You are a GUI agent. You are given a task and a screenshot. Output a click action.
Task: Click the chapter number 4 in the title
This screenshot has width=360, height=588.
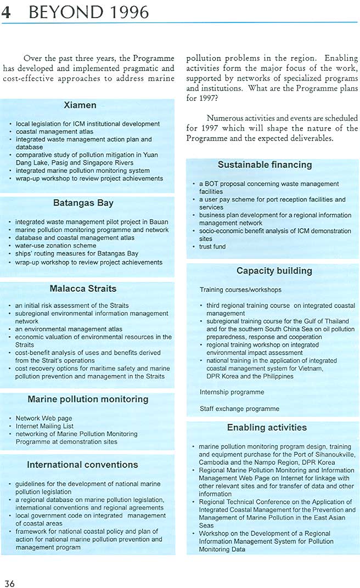tap(7, 13)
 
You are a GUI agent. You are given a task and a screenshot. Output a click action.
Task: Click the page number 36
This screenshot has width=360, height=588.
tap(9, 583)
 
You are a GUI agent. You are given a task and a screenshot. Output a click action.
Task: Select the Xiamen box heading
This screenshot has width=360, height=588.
tap(80, 105)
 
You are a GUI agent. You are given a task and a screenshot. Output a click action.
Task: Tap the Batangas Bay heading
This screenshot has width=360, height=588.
tap(83, 203)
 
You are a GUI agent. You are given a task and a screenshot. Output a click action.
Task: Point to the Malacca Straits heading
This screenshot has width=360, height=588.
tap(83, 289)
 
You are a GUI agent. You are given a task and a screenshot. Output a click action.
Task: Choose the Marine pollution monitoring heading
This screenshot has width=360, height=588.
tap(88, 399)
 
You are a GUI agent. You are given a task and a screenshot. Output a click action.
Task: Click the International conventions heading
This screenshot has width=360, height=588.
tap(82, 465)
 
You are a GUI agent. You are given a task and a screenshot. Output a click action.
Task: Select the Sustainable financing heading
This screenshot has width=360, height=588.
tap(265, 165)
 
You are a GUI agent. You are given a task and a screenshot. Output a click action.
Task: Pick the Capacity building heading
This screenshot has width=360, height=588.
tap(274, 270)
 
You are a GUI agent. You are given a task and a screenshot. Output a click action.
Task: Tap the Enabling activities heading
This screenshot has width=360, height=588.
tap(267, 427)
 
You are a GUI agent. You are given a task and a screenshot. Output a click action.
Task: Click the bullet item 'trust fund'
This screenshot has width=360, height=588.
tap(212, 247)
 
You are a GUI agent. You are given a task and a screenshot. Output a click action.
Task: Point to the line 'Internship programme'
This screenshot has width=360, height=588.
tap(232, 392)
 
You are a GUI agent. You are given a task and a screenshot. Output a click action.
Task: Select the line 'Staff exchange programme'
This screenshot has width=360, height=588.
tap(239, 409)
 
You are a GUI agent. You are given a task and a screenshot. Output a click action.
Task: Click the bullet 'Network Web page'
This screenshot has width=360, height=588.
tap(44, 419)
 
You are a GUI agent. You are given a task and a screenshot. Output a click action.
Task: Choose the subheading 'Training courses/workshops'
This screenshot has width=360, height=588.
tap(240, 290)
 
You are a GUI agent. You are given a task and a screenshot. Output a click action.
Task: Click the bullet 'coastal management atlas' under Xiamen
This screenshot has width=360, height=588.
tap(54, 132)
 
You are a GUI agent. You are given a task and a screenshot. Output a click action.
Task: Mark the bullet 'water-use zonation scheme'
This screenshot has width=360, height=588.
tap(55, 246)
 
